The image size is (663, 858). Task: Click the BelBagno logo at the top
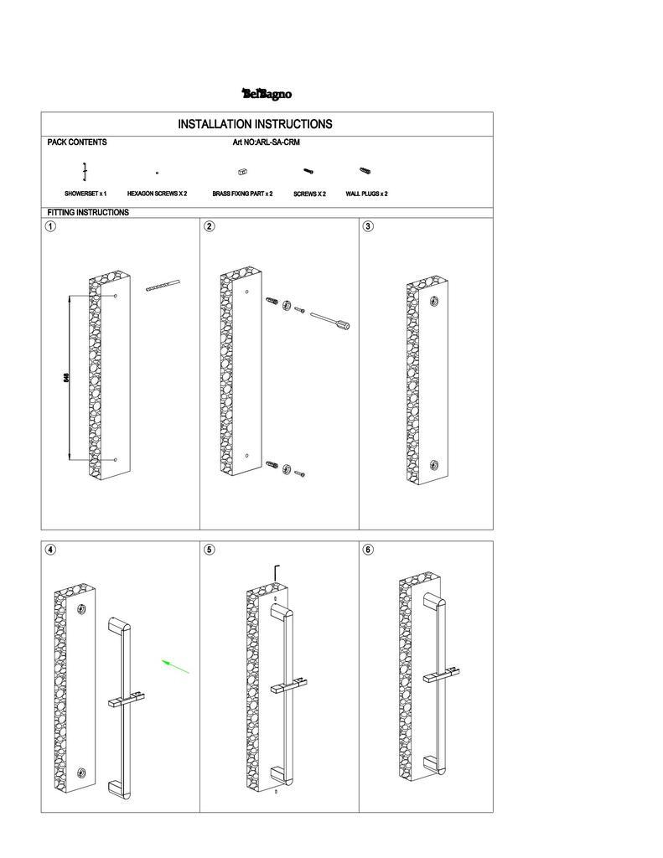pos(267,94)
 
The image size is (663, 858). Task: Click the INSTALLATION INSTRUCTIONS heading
pos(255,124)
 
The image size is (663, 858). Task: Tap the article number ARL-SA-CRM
pos(266,142)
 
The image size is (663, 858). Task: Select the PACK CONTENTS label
pos(77,142)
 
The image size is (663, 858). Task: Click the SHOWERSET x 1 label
pos(85,194)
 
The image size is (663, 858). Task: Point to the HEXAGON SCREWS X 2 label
pos(157,194)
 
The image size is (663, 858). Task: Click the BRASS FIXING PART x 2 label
pos(242,194)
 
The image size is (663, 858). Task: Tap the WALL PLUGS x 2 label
pos(366,194)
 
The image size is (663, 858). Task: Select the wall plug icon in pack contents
pos(365,171)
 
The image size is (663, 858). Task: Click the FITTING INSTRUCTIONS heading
pos(88,213)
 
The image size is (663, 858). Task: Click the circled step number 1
pos(51,226)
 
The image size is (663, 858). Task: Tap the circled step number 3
pos(368,226)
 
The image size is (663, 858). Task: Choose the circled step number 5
pos(210,550)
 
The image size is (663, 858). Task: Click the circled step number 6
pos(368,550)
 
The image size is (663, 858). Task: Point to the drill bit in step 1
pos(163,286)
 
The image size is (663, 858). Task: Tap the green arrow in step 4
pos(175,666)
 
